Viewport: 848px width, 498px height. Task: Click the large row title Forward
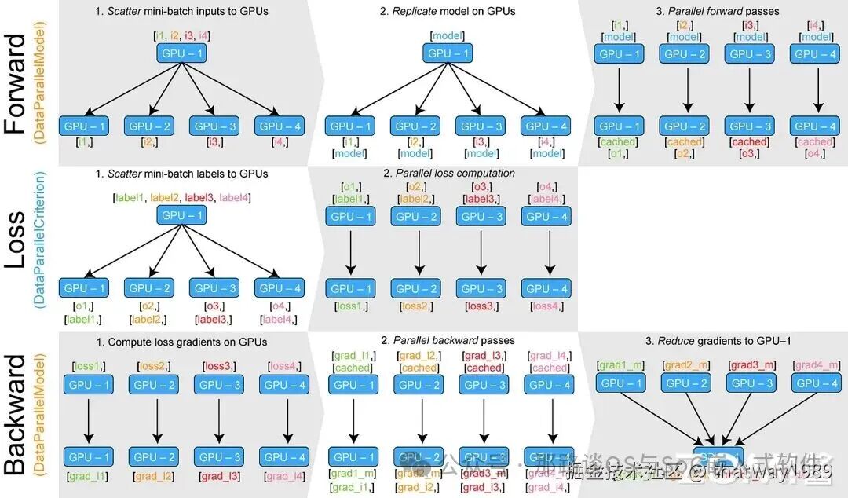point(16,84)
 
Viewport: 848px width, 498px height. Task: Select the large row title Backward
point(16,414)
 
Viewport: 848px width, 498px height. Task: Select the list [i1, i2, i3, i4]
point(182,36)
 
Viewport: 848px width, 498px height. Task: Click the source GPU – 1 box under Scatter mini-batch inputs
point(182,54)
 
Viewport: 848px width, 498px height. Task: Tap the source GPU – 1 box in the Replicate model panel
point(448,54)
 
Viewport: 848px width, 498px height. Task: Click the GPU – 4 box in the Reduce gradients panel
point(817,383)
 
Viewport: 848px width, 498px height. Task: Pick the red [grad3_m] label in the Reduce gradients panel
point(752,365)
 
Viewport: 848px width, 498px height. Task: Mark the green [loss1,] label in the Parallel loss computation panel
point(350,306)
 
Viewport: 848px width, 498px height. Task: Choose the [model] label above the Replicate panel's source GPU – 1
point(448,36)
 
